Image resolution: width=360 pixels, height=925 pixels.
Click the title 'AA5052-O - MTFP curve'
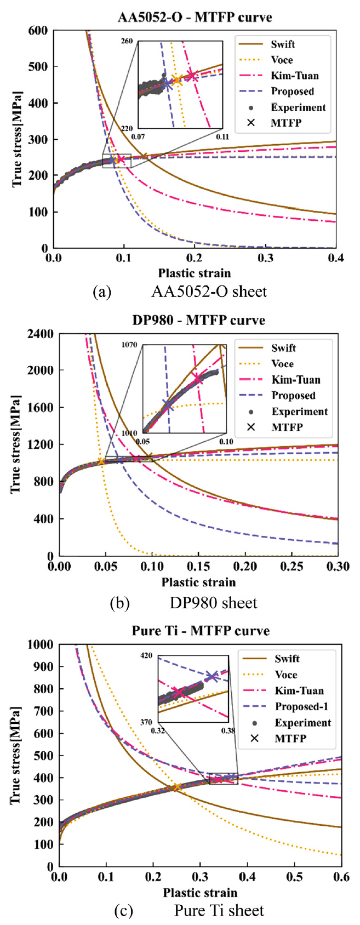[x=195, y=17]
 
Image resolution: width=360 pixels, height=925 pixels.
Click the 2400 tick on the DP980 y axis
[x=40, y=334]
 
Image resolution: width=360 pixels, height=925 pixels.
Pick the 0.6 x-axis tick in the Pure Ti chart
[x=341, y=877]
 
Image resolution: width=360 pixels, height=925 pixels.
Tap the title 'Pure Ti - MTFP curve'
[x=201, y=631]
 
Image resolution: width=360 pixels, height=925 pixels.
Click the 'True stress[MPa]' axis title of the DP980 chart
[x=17, y=444]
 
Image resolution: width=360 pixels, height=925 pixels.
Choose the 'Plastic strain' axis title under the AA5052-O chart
[x=195, y=273]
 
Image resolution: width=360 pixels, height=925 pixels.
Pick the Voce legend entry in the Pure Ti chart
[x=286, y=675]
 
